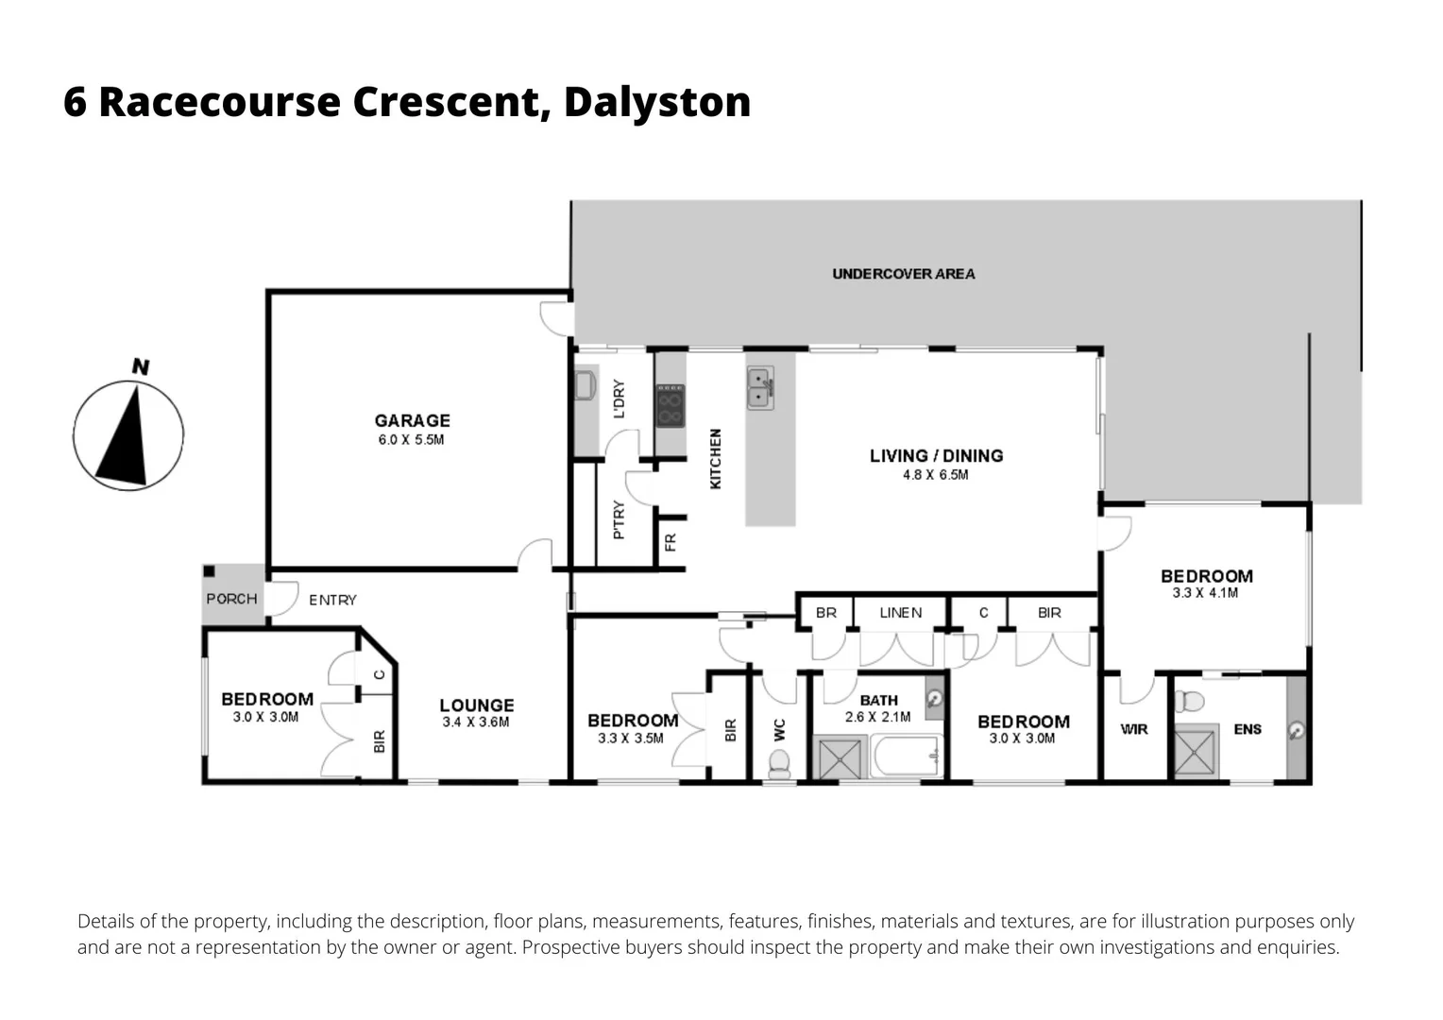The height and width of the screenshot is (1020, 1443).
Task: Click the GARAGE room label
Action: coord(412,420)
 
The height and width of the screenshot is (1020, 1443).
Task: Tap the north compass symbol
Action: coord(128,434)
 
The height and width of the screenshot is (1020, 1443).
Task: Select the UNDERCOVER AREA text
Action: coord(903,274)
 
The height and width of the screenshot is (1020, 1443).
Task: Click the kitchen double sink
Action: coord(760,387)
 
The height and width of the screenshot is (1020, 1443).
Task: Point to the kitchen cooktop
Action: coord(671,406)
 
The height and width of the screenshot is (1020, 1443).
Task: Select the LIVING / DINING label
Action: coord(936,455)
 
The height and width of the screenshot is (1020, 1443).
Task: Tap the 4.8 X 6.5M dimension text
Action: coord(935,475)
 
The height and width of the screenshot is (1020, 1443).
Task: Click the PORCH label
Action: coord(231,599)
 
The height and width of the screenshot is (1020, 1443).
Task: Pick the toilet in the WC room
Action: coord(780,764)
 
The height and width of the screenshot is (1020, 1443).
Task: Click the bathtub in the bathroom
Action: coord(906,757)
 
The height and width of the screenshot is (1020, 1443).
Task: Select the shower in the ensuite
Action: coord(1197,753)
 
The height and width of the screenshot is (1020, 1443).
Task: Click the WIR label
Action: coord(1133,729)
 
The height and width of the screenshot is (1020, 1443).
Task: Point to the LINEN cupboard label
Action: coord(900,613)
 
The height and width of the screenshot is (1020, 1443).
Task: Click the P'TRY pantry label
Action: coord(619,519)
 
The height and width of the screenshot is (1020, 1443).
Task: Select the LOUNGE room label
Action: coord(476,705)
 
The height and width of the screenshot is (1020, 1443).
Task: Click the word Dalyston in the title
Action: coord(656,102)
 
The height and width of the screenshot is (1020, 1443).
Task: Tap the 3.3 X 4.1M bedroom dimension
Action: coord(1205,593)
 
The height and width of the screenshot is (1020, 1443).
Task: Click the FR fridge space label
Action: coord(671,543)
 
